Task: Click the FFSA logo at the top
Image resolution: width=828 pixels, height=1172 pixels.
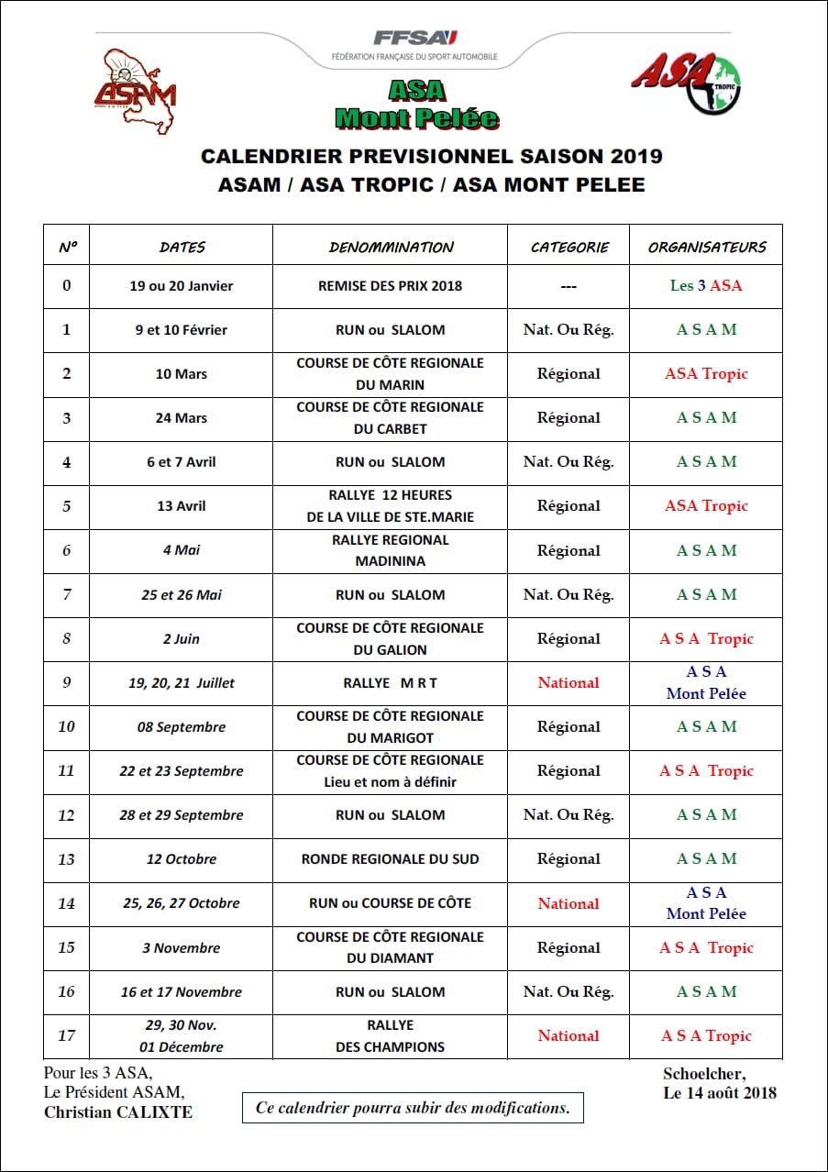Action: (x=414, y=43)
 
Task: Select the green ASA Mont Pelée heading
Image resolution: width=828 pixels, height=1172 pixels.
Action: (x=416, y=104)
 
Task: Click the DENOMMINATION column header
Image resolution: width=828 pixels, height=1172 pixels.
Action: (x=391, y=247)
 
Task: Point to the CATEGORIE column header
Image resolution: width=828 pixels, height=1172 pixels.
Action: (x=569, y=247)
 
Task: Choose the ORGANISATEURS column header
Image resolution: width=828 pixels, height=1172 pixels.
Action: (x=706, y=247)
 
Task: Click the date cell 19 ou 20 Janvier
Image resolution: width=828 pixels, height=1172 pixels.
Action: (x=182, y=286)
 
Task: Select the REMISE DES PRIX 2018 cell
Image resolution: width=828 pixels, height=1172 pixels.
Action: (x=391, y=286)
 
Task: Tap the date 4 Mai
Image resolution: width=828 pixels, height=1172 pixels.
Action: (x=182, y=550)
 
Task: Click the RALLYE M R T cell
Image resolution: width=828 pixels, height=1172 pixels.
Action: (x=391, y=683)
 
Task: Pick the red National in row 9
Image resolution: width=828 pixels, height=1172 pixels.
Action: (x=569, y=683)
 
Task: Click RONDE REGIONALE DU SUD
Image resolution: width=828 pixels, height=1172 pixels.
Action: (x=391, y=859)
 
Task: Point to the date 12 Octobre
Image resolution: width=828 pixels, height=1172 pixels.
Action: (x=182, y=859)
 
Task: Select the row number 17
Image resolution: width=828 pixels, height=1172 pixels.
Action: (x=66, y=1036)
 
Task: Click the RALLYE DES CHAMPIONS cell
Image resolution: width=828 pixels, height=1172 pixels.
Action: (x=391, y=1036)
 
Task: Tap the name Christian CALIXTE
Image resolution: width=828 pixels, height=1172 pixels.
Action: (x=118, y=1112)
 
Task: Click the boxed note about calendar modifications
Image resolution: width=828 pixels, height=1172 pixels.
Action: (x=413, y=1108)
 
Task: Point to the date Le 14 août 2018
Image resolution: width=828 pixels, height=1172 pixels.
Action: (x=719, y=1092)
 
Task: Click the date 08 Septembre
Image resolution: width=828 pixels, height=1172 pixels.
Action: (x=182, y=727)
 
